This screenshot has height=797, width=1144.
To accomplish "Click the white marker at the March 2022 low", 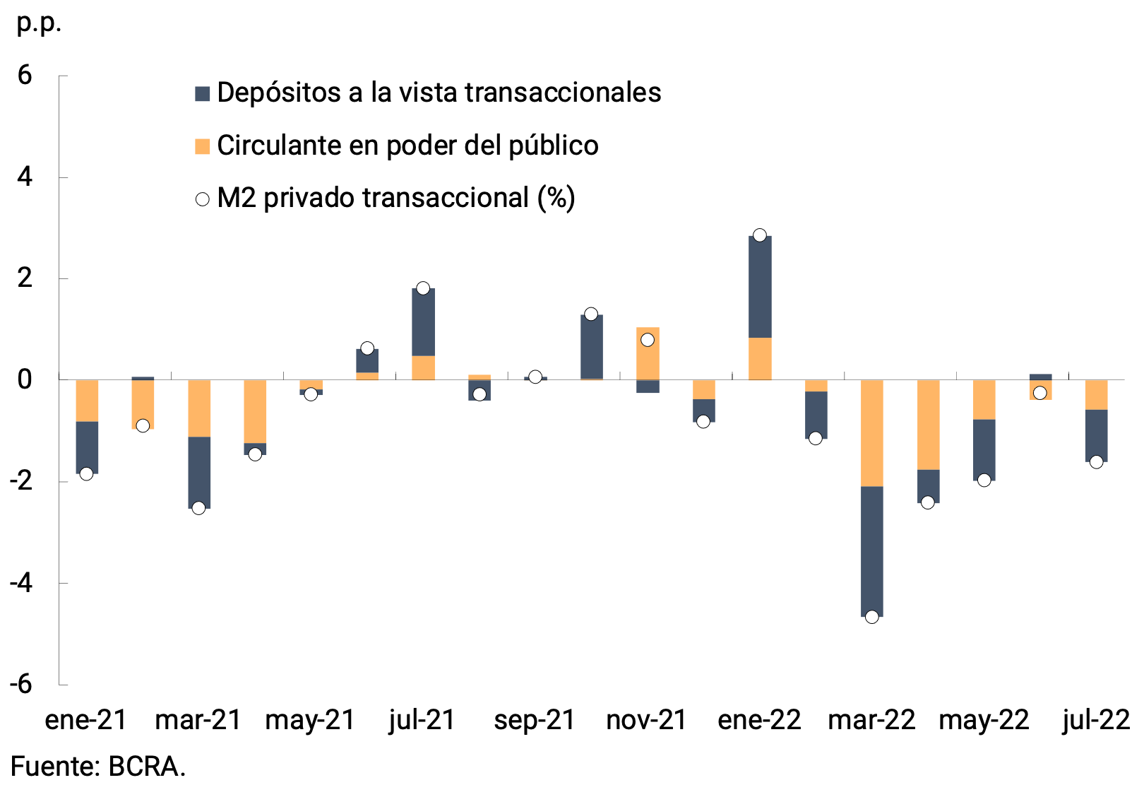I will click(x=871, y=617).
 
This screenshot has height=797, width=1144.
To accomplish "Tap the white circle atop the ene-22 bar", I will click(x=760, y=235).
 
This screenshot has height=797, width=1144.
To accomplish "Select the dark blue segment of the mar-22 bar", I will click(x=871, y=551).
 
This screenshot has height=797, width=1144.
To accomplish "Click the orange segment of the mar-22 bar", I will click(x=871, y=432).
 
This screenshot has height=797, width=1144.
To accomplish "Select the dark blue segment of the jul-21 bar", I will click(x=423, y=321).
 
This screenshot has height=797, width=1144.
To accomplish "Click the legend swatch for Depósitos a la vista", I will click(x=203, y=93).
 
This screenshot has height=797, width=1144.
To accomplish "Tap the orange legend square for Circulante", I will click(x=203, y=146).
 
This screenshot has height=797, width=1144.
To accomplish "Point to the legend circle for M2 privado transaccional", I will click(x=203, y=199).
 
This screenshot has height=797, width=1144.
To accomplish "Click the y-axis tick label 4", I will click(x=25, y=177).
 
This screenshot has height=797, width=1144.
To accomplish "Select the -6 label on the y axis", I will click(x=21, y=684).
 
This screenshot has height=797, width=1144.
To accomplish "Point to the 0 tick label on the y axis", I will click(x=25, y=379).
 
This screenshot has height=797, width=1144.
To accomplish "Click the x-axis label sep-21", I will click(x=535, y=720).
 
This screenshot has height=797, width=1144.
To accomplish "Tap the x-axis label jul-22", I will click(x=1096, y=720).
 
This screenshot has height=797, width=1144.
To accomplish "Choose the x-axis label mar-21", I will click(x=198, y=720).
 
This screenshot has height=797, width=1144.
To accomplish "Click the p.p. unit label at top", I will click(x=38, y=23).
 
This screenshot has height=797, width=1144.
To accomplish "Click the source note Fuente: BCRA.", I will click(x=98, y=767).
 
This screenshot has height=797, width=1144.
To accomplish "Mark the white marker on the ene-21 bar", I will click(x=86, y=473).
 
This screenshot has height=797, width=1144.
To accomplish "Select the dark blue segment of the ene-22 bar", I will click(x=760, y=286).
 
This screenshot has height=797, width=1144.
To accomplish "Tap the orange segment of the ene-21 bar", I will click(x=87, y=400).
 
